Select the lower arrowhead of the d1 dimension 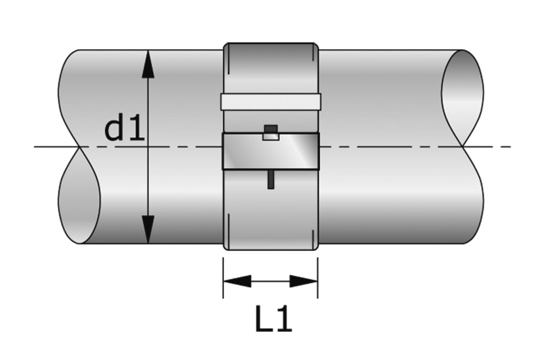148,230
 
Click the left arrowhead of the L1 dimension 237,281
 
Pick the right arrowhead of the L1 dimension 304,281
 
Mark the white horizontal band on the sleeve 271,101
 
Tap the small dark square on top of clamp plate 271,129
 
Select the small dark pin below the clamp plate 271,179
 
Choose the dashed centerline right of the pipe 497,146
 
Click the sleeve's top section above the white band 271,68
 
